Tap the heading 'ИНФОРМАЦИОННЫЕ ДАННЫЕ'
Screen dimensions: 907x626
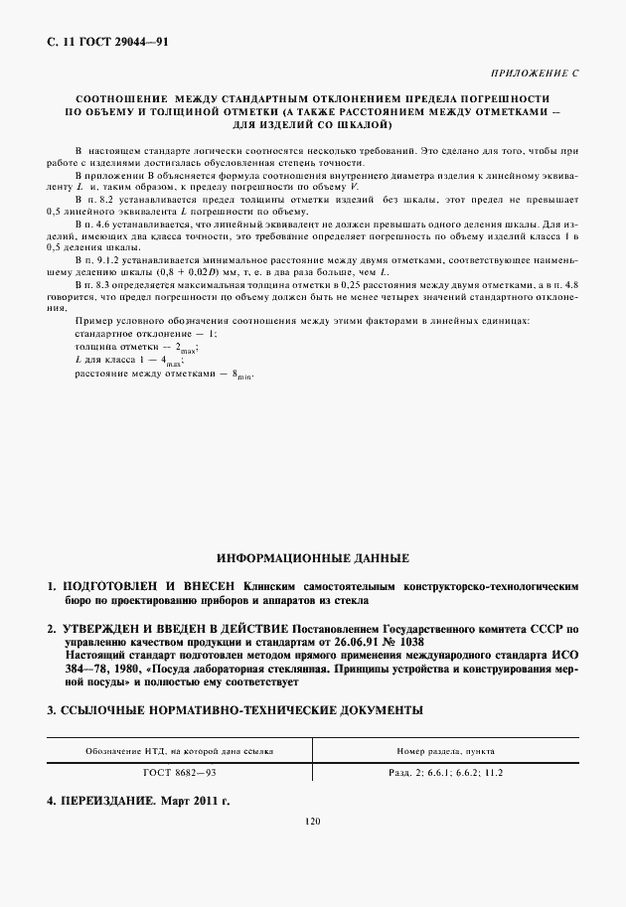coord(313,558)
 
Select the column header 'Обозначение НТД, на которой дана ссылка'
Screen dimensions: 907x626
coord(180,751)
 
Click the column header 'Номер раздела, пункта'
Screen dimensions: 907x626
coord(446,751)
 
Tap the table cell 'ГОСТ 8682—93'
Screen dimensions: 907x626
coord(180,771)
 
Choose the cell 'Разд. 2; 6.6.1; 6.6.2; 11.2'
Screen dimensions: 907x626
coord(446,771)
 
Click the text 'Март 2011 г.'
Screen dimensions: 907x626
coord(195,800)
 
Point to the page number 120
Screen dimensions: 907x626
coord(313,822)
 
